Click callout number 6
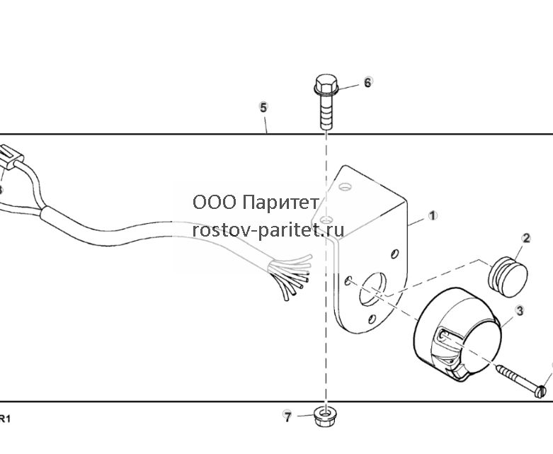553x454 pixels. pyautogui.click(x=367, y=82)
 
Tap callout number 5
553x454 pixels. pyautogui.click(x=263, y=107)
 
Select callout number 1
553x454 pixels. pyautogui.click(x=433, y=215)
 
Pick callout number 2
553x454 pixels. pyautogui.click(x=526, y=238)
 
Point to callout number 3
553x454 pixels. pyautogui.click(x=520, y=311)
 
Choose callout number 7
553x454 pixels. pyautogui.click(x=287, y=417)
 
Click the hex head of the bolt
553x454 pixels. pyautogui.click(x=326, y=85)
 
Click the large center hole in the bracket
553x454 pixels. pyautogui.click(x=372, y=288)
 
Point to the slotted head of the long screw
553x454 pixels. pyautogui.click(x=541, y=392)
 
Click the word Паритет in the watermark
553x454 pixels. pyautogui.click(x=281, y=203)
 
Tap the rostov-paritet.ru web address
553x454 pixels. pyautogui.click(x=268, y=230)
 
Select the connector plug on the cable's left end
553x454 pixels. pyautogui.click(x=11, y=157)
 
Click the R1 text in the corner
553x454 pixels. pyautogui.click(x=4, y=419)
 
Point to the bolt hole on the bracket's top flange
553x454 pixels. pyautogui.click(x=346, y=186)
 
